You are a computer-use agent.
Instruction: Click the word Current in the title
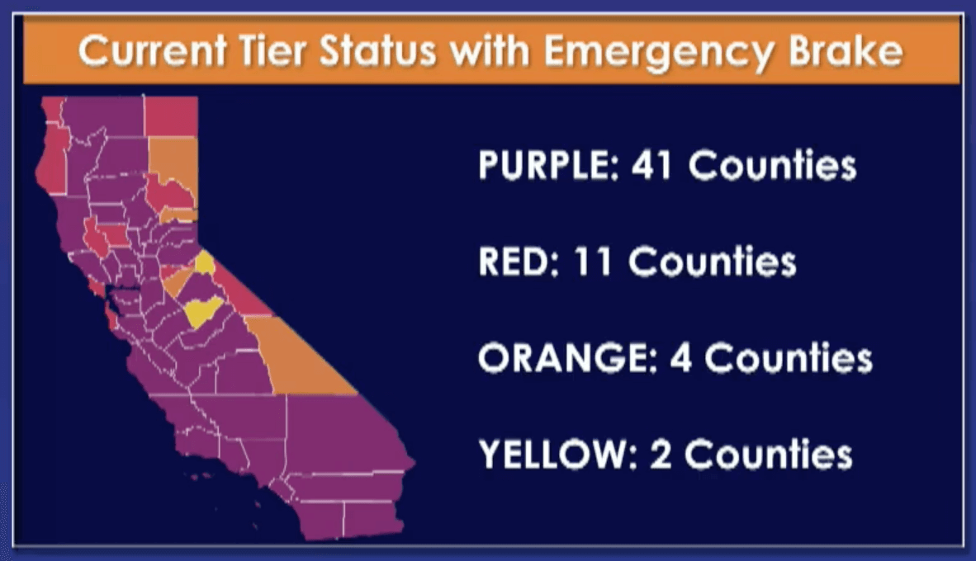coord(152,51)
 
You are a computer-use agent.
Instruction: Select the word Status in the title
coord(378,50)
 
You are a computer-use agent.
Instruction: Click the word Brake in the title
coord(846,50)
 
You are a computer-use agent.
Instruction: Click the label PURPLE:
coord(549,166)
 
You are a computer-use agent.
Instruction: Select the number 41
coord(652,166)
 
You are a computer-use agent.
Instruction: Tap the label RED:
coord(519,262)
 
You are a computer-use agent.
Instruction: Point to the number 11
coord(593,262)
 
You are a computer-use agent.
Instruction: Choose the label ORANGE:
coord(567,357)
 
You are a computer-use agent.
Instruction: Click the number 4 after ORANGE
coord(681,358)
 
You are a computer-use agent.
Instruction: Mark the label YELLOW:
coord(558,454)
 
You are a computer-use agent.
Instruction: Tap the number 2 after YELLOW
coord(661,454)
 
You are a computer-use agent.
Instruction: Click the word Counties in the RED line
coord(712,262)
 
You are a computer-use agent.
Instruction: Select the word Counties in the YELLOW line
coord(768,454)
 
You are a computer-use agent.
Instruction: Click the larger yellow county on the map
coord(203,312)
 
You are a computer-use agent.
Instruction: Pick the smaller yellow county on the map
coord(205,262)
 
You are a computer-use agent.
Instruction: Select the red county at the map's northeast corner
coord(171,115)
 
